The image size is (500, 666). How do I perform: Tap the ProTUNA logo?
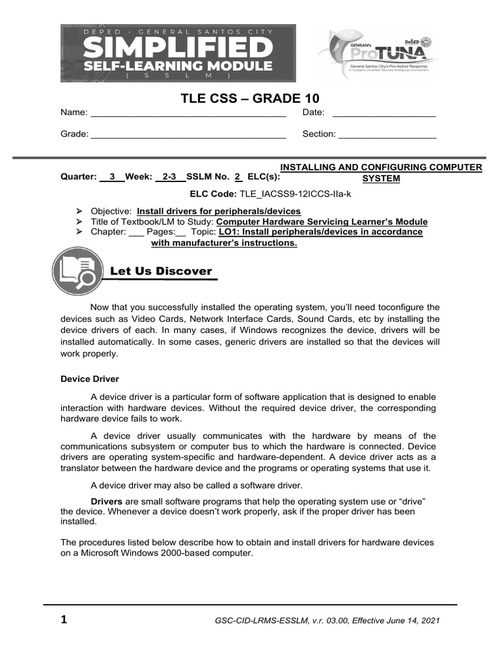(378, 55)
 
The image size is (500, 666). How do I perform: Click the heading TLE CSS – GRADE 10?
(249, 98)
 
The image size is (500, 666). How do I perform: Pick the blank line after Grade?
(188, 135)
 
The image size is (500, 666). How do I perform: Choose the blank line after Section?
(387, 135)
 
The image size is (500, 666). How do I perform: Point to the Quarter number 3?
(113, 176)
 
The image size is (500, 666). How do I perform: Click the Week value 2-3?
(169, 176)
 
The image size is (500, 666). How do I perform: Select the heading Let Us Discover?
(161, 271)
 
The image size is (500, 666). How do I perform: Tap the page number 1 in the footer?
(64, 619)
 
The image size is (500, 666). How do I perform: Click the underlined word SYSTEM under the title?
(381, 178)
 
